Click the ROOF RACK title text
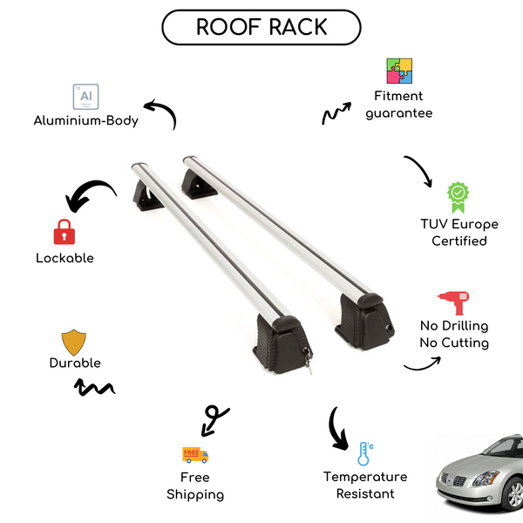(261, 27)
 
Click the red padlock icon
(63, 231)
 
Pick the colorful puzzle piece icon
(399, 71)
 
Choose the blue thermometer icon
(364, 453)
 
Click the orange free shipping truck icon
(194, 454)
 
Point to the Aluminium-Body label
(85, 120)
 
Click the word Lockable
(65, 258)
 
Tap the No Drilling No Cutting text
(453, 334)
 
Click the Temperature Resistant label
(365, 486)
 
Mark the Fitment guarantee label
(398, 105)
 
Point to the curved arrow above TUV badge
(418, 172)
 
